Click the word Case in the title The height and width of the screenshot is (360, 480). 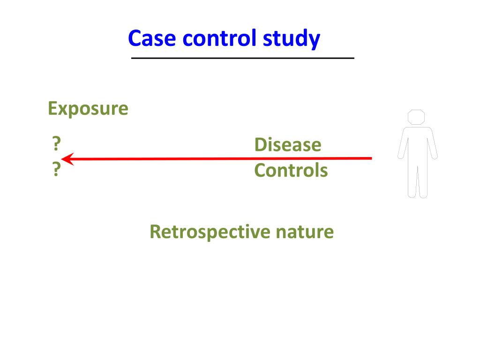pos(153,38)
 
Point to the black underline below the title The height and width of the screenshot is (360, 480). pos(242,58)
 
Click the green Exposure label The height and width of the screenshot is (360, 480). pos(88,109)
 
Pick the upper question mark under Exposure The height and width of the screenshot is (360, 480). pos(56,143)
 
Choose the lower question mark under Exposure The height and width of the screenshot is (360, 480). pos(56,170)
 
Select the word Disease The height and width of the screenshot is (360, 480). pos(288,144)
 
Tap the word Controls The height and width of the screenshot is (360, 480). pos(291,170)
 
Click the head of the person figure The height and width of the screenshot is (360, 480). pos(416,117)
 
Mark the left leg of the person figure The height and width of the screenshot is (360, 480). pos(412,180)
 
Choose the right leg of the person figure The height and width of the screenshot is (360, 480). pos(422,180)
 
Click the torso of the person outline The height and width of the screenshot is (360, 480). pos(417,145)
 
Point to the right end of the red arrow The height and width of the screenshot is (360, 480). pos(370,158)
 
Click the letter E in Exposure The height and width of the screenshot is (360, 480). pos(52,109)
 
